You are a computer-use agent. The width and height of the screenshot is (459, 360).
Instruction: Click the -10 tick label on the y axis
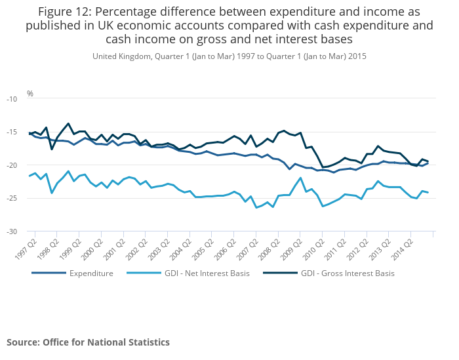click(x=12, y=99)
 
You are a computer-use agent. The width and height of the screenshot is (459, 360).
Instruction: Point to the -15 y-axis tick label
click(x=12, y=132)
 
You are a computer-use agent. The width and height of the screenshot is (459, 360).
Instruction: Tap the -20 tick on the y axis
click(x=12, y=165)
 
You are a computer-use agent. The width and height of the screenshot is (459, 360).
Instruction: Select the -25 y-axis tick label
click(x=12, y=199)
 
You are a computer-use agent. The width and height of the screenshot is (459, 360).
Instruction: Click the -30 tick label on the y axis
click(x=12, y=232)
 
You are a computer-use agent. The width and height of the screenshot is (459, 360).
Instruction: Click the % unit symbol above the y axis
click(x=30, y=94)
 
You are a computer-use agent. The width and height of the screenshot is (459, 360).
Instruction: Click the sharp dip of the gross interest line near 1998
click(x=52, y=149)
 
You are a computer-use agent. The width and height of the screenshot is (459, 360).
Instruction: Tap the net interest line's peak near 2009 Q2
click(x=300, y=178)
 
